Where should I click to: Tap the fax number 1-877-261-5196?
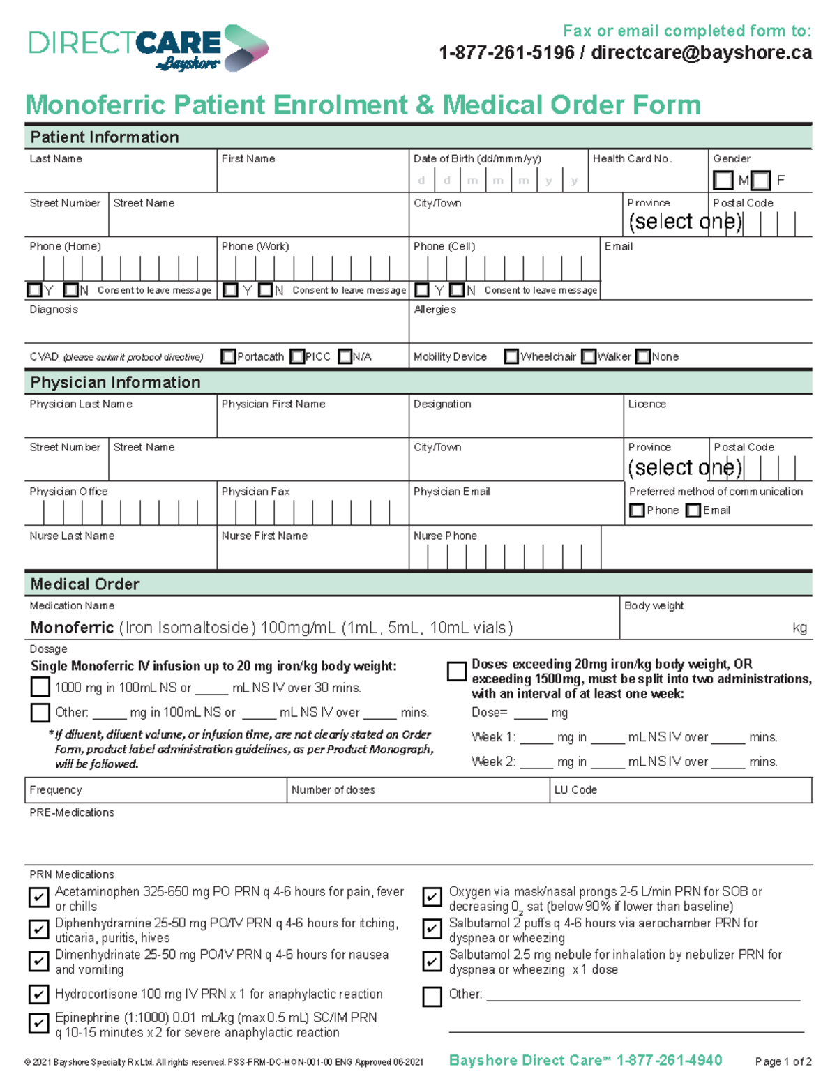(x=506, y=53)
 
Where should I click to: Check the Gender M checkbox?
(x=723, y=181)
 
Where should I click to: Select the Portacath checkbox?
(x=228, y=356)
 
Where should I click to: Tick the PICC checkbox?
(x=297, y=356)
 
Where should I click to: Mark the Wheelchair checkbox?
(x=511, y=356)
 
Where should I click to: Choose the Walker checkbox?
(x=589, y=356)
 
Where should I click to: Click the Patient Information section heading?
(x=105, y=137)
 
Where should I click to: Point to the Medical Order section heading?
(x=85, y=584)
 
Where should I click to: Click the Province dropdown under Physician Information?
(x=685, y=467)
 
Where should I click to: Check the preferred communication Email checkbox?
(x=693, y=510)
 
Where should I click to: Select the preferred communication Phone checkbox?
(x=636, y=510)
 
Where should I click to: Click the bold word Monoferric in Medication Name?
(x=72, y=628)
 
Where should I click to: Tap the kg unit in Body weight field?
(x=799, y=628)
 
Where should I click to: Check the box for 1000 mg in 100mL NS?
(x=40, y=687)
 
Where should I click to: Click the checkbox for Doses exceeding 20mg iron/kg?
(x=456, y=671)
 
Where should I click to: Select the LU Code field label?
(x=575, y=789)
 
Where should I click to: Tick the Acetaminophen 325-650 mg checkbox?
(x=38, y=897)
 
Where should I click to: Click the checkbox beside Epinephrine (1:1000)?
(x=38, y=1023)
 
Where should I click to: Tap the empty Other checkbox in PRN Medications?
(x=432, y=997)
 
